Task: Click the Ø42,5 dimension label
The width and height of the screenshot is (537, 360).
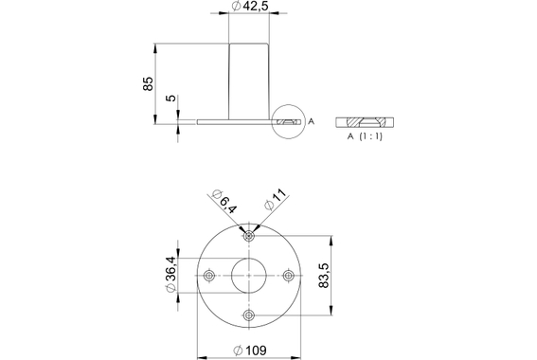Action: pyautogui.click(x=250, y=8)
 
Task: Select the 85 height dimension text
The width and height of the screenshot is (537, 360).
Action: pyautogui.click(x=148, y=83)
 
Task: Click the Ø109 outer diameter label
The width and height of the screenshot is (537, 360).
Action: pyautogui.click(x=248, y=351)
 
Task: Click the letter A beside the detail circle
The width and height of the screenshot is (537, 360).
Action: pyautogui.click(x=311, y=121)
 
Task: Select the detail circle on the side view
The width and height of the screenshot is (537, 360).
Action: pyautogui.click(x=288, y=121)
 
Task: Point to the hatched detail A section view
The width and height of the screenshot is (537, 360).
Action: pyautogui.click(x=368, y=122)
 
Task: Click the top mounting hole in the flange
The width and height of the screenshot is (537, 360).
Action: pyautogui.click(x=248, y=235)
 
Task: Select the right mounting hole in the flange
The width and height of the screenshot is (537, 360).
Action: pyautogui.click(x=288, y=275)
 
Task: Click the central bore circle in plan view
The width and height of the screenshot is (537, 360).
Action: pyautogui.click(x=248, y=275)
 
